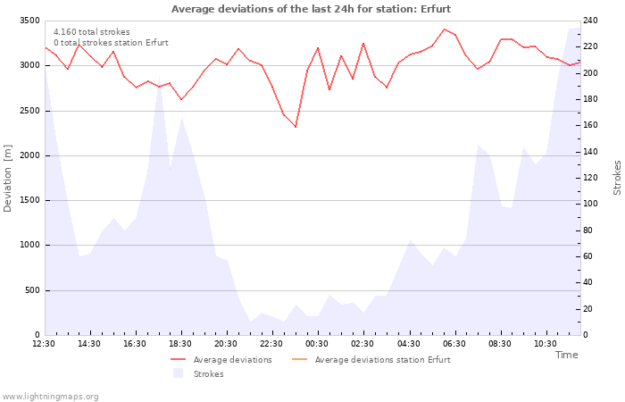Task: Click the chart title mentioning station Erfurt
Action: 311,9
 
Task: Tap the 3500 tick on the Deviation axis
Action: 29,21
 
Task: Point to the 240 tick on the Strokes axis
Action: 590,21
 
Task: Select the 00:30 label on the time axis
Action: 317,344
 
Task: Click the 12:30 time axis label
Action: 44,344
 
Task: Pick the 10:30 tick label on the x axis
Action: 546,344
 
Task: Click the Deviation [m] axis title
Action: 7,179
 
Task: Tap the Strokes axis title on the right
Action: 617,178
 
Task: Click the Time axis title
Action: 567,355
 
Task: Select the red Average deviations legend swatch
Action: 179,360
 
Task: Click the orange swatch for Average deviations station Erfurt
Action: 300,360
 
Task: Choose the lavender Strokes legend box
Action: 179,373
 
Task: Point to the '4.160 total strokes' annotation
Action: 92,32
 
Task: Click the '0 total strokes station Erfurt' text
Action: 111,43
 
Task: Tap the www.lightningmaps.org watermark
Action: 50,397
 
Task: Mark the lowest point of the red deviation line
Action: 296,127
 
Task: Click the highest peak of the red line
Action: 444,29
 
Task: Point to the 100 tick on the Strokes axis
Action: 590,204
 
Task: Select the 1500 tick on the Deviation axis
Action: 29,201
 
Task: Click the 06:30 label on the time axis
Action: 454,344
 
